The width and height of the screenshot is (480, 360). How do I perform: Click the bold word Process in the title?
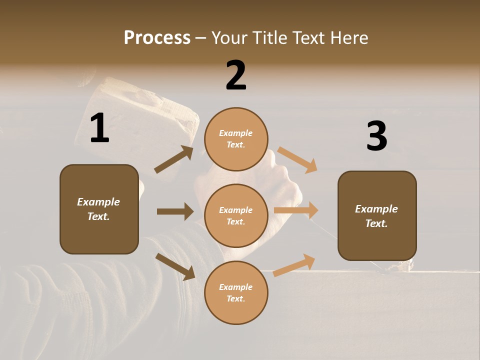(157, 38)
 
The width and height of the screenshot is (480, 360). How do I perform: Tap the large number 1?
(99, 128)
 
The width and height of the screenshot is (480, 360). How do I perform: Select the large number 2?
(236, 75)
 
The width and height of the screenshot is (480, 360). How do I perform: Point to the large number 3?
(376, 136)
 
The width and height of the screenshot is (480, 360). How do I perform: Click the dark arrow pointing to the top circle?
(174, 159)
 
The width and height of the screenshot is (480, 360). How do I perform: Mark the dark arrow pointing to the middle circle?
(175, 211)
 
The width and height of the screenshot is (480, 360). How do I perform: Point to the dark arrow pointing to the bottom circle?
(175, 266)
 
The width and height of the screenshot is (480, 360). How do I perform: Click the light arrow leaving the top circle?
(297, 160)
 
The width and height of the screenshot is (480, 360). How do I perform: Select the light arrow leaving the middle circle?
(296, 210)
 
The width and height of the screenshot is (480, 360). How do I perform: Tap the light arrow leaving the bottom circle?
(294, 265)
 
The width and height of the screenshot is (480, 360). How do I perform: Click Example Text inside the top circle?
(236, 139)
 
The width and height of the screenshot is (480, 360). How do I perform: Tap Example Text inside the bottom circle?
(236, 293)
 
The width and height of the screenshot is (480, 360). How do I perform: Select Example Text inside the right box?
(376, 216)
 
